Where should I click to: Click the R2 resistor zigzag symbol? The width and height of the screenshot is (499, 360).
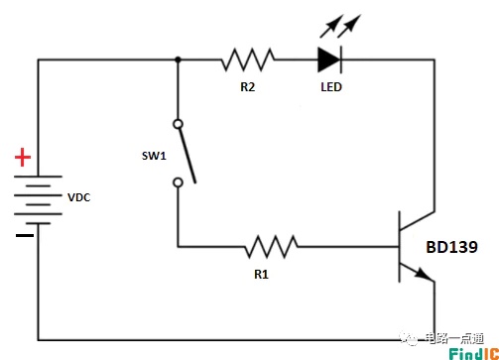click(x=248, y=60)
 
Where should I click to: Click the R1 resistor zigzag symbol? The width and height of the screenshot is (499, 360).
click(x=271, y=247)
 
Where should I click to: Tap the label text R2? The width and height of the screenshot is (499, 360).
click(x=248, y=87)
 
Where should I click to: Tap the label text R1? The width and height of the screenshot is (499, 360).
click(x=261, y=274)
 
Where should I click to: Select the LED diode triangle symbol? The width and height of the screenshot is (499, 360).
click(x=329, y=60)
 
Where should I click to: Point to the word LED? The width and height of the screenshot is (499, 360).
click(x=331, y=87)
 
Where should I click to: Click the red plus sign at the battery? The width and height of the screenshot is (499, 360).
click(x=23, y=158)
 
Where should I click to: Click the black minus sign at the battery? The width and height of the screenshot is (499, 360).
click(x=25, y=235)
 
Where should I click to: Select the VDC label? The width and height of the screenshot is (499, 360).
click(x=78, y=197)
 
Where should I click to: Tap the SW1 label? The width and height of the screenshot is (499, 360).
click(x=154, y=156)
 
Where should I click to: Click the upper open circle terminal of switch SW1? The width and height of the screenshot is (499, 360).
click(x=178, y=124)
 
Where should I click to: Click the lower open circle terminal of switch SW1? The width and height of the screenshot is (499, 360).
click(x=178, y=182)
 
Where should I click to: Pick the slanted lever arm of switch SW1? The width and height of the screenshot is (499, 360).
click(x=187, y=156)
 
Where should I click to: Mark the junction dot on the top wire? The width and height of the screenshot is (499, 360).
click(x=178, y=60)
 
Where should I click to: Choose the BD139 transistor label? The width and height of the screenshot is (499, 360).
click(x=451, y=247)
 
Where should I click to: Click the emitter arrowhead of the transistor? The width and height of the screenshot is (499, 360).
click(x=424, y=274)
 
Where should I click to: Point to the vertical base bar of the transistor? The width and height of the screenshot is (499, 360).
click(x=400, y=247)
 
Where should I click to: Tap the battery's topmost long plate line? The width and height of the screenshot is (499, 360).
click(x=38, y=177)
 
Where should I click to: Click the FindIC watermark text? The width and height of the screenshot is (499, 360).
click(x=474, y=354)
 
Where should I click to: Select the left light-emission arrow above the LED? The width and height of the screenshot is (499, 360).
click(x=331, y=26)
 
